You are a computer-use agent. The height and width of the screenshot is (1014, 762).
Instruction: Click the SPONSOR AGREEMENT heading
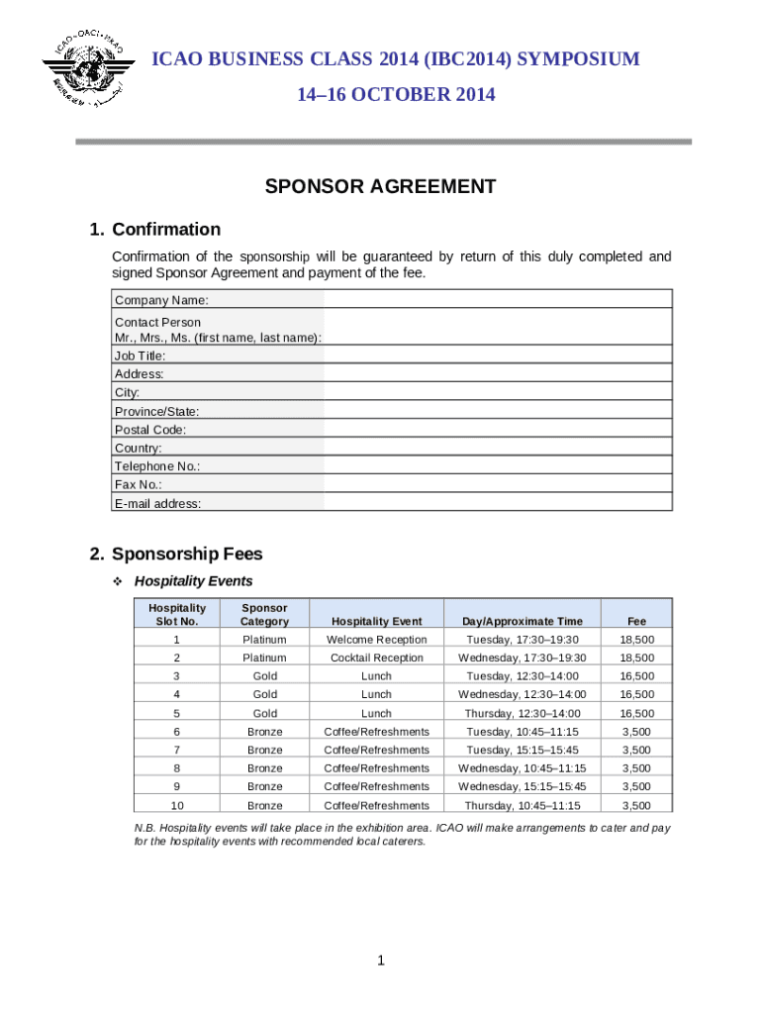click(380, 186)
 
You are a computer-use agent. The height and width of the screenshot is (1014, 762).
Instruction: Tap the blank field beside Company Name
click(498, 300)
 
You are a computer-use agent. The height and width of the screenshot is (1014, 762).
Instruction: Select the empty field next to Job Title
click(498, 355)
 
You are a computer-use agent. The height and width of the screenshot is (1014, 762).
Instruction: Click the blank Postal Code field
click(498, 430)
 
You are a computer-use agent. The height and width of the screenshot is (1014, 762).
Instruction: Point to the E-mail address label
click(158, 503)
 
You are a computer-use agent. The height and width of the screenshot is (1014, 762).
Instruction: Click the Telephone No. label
click(157, 466)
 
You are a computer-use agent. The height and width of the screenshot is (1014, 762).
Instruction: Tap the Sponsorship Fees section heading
click(187, 555)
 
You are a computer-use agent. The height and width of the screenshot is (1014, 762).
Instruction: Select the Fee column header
click(636, 621)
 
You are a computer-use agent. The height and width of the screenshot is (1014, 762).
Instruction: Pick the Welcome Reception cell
click(376, 640)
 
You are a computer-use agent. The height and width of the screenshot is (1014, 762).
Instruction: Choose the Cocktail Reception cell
click(376, 658)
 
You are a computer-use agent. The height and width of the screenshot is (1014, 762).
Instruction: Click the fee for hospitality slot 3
click(636, 676)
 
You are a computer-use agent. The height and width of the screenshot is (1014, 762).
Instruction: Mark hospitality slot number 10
click(177, 806)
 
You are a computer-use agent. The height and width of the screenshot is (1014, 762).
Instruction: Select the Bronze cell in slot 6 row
click(264, 732)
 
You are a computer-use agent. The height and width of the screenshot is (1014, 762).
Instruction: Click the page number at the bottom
click(381, 961)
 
